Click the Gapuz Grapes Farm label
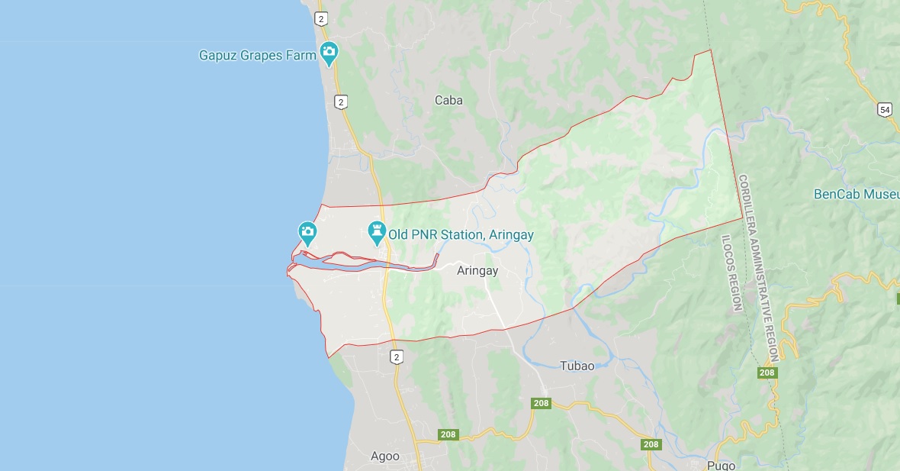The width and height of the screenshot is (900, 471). pos(257,55)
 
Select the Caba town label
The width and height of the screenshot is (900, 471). pos(448,100)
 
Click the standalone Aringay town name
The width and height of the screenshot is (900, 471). pos(477,270)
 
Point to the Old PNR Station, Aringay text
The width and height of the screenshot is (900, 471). pos(461,235)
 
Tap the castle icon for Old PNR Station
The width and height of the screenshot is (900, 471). pos(376,231)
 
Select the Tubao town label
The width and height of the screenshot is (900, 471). pos(577,366)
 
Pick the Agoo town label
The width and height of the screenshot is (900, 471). pos(384,456)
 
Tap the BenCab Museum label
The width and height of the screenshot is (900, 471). pos(856,194)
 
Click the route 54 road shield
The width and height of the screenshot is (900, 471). pos(884,110)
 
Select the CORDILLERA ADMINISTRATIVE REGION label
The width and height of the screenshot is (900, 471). pos(758,267)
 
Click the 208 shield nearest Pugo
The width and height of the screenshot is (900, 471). pos(650,444)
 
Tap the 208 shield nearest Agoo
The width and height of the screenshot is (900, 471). pos(448,435)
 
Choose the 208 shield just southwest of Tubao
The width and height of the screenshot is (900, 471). pos(541,403)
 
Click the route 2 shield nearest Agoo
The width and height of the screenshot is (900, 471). pos(396,356)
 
